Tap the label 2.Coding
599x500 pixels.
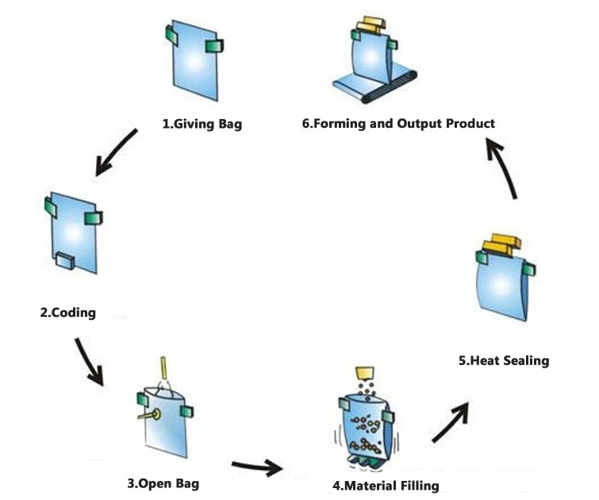(x=68, y=312)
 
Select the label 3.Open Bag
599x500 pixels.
(x=163, y=483)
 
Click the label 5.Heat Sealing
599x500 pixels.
(x=504, y=360)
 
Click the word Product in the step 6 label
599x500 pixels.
(x=468, y=124)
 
